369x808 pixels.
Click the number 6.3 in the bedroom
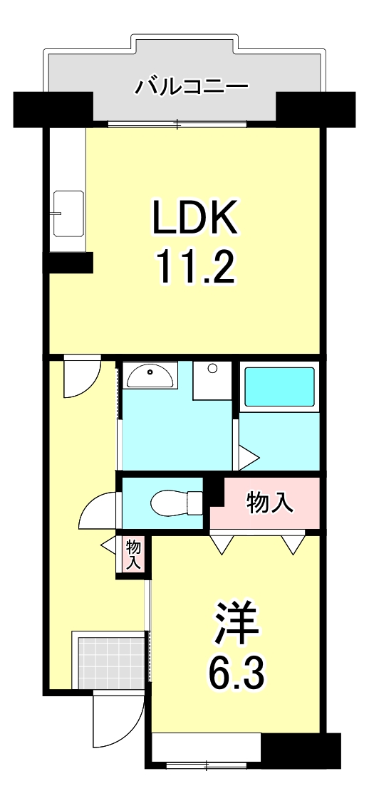[x=237, y=671]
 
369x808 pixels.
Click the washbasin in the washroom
[x=149, y=375]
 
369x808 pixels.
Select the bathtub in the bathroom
[x=279, y=387]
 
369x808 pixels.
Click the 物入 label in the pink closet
[x=270, y=503]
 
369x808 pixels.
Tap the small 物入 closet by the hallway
[x=133, y=555]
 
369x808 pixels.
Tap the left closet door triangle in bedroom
[x=222, y=545]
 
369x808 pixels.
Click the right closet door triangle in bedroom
[x=291, y=545]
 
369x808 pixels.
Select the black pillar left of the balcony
[x=53, y=108]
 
